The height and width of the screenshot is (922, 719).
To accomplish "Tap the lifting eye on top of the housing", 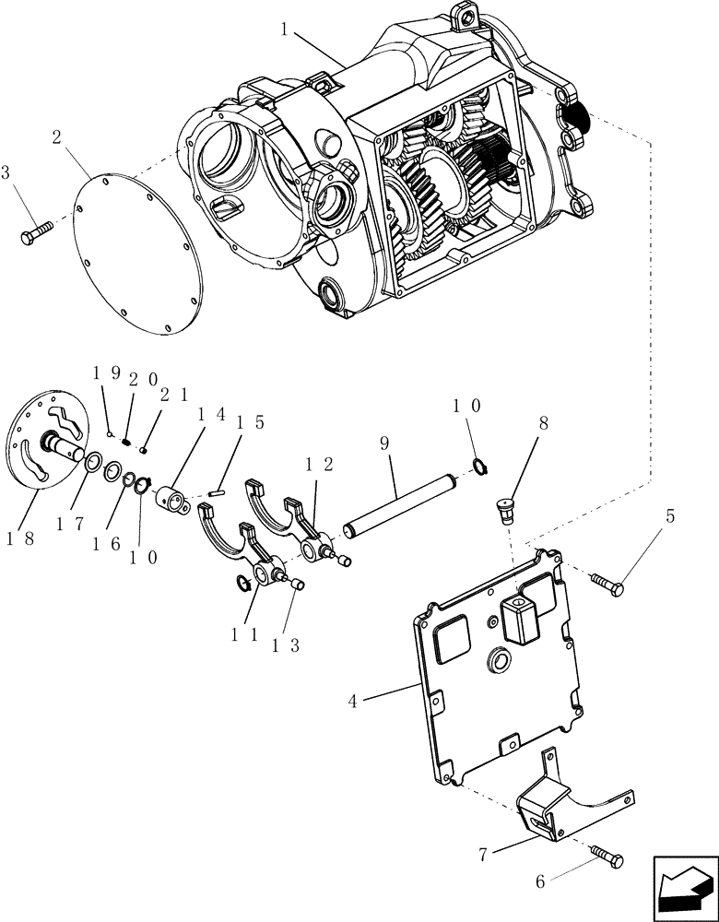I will point(465,16).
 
